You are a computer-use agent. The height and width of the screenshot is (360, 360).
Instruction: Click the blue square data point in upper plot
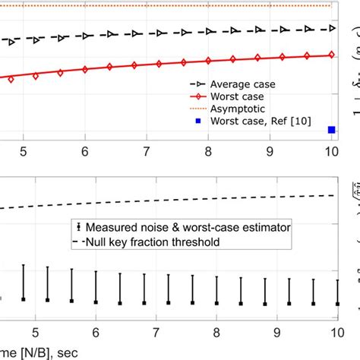point(331,130)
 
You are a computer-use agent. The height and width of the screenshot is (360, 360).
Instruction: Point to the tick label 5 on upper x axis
point(24,151)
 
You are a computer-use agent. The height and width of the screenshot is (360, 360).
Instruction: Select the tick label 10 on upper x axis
point(331,151)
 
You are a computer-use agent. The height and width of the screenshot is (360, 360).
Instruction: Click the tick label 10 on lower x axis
point(335,332)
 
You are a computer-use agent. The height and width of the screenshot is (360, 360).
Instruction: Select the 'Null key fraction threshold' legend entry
point(153,242)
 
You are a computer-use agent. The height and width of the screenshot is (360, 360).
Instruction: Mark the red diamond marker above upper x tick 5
point(35,74)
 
